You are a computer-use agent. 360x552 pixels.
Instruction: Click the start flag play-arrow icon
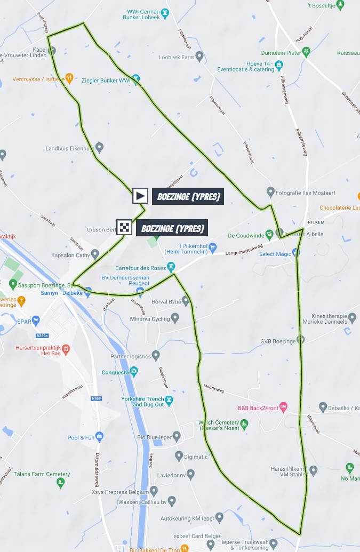coord(140,196)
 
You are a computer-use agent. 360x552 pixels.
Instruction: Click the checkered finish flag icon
coord(124,228)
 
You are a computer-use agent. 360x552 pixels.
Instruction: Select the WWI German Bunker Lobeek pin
coord(165,12)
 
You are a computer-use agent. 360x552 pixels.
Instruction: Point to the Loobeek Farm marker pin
coord(199,55)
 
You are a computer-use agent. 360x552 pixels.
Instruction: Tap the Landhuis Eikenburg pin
coord(99,148)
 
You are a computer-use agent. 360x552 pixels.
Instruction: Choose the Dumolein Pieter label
coord(281,52)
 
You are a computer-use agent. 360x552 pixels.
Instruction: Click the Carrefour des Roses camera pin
coord(171,266)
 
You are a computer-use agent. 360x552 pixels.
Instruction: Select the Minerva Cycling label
coord(149,319)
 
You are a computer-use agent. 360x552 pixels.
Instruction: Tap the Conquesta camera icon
coord(133,371)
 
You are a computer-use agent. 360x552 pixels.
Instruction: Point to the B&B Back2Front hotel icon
coord(284,407)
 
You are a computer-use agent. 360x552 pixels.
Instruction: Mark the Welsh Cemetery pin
coord(244,424)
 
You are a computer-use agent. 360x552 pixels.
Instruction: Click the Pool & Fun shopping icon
coord(99,437)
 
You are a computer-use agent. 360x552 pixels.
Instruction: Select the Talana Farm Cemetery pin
coord(61,482)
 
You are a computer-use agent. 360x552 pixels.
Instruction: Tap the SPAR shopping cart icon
coord(36,321)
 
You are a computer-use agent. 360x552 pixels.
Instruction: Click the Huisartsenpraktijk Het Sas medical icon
coord(66,349)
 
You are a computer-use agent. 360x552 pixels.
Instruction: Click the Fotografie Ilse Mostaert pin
coord(270,192)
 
